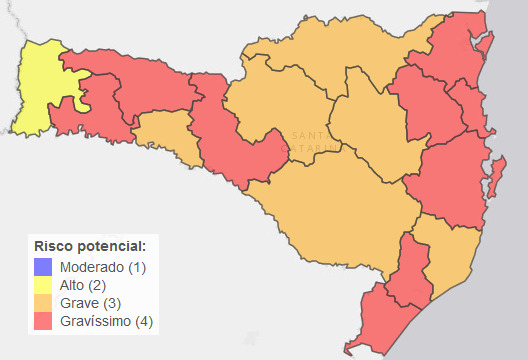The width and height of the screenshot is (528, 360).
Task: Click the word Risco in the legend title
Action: click(x=53, y=246)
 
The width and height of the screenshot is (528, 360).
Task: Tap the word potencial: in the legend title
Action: click(x=111, y=246)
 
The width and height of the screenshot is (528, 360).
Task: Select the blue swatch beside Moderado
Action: click(x=43, y=267)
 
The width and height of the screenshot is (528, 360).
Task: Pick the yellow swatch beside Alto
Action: click(x=43, y=285)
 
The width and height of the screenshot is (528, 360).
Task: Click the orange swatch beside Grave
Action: click(x=43, y=303)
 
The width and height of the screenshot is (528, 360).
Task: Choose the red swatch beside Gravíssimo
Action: click(x=43, y=321)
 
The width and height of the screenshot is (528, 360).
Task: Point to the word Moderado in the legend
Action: click(x=93, y=267)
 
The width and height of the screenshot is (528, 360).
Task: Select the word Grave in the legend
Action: click(x=79, y=303)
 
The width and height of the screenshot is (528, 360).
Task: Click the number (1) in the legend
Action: click(x=138, y=267)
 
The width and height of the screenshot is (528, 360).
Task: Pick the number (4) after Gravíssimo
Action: click(x=145, y=321)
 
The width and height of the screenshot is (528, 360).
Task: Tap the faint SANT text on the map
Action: click(x=301, y=135)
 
